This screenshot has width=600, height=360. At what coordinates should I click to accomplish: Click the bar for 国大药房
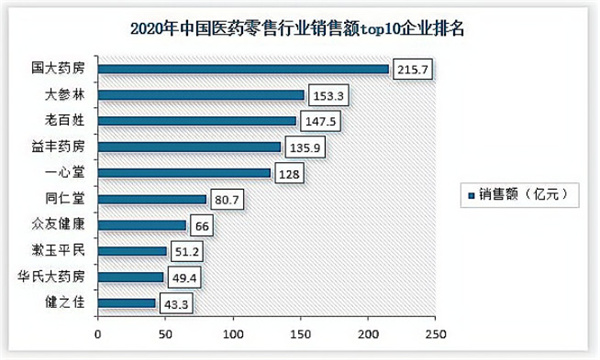coord(243,69)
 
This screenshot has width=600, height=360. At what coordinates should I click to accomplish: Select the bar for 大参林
coord(200,95)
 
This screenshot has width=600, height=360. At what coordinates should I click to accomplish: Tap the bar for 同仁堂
coord(151,199)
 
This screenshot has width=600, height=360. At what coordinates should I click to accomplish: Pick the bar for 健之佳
coord(126,302)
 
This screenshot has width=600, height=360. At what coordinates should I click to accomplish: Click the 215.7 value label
coord(414,69)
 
